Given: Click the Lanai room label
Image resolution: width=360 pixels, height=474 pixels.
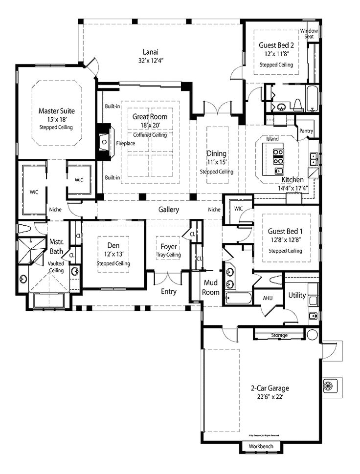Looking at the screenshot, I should (150, 52).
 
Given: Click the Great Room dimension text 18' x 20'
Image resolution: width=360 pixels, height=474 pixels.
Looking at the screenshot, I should (150, 126).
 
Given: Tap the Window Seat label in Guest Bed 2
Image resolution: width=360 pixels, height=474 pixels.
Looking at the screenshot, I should (309, 33).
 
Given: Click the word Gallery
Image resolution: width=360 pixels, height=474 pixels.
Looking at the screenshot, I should (168, 210).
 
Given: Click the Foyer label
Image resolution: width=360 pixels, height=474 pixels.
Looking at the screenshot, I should (168, 246).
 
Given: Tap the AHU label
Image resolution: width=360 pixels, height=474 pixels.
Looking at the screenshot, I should (268, 298).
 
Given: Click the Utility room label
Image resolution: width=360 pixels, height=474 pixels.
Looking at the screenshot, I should (297, 295).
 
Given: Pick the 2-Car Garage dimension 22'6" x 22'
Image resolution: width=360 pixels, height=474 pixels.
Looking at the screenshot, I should (270, 397).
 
